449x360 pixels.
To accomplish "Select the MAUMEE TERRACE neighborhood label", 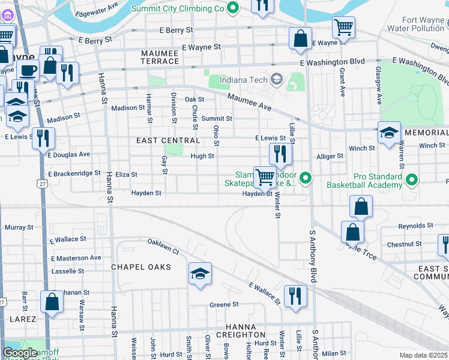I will [160, 57].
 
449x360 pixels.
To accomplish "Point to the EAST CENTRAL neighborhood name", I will [168, 140].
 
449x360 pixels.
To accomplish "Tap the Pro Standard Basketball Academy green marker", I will [412, 179].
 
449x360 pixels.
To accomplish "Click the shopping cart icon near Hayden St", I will [264, 177].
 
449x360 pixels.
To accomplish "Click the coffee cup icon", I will [27, 71].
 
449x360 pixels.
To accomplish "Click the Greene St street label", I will [224, 305].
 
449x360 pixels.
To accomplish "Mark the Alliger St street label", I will [330, 156].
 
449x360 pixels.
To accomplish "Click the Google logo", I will [20, 353].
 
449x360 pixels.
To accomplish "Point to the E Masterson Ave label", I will [76, 258].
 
